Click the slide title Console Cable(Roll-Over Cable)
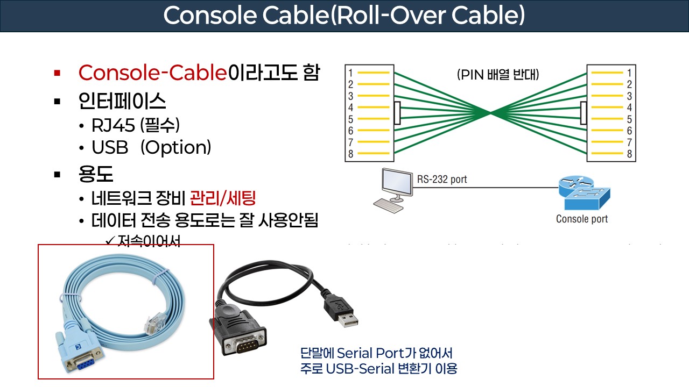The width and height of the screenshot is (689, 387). (x=344, y=16)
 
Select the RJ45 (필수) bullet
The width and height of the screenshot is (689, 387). (x=135, y=125)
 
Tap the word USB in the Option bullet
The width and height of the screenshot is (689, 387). (x=110, y=147)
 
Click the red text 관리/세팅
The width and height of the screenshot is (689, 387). (x=222, y=198)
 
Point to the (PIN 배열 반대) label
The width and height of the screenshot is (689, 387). (x=498, y=75)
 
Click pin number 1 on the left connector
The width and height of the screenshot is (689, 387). (x=350, y=73)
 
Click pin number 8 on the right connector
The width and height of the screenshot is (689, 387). (x=629, y=155)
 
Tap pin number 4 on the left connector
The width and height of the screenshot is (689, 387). (x=350, y=107)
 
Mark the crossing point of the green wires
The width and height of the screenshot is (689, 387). (x=490, y=113)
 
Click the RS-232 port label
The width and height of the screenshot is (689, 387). (x=442, y=179)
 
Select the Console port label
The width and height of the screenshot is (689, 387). (x=581, y=219)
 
